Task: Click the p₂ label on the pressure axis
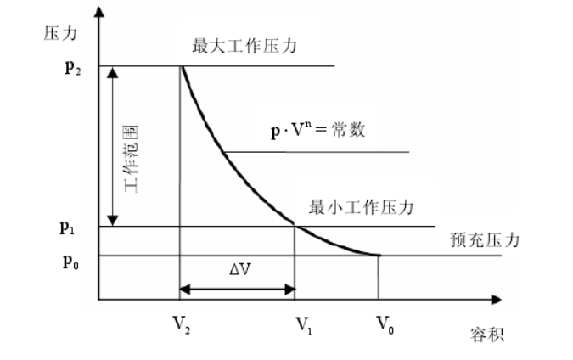pyautogui.click(x=72, y=66)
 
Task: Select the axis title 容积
pyautogui.click(x=486, y=335)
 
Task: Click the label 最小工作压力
pyautogui.click(x=360, y=206)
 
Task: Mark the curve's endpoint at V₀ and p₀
pyautogui.click(x=378, y=255)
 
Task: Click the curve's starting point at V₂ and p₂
pyautogui.click(x=181, y=66)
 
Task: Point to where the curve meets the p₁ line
pyautogui.click(x=294, y=225)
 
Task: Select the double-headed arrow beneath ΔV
pyautogui.click(x=237, y=290)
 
